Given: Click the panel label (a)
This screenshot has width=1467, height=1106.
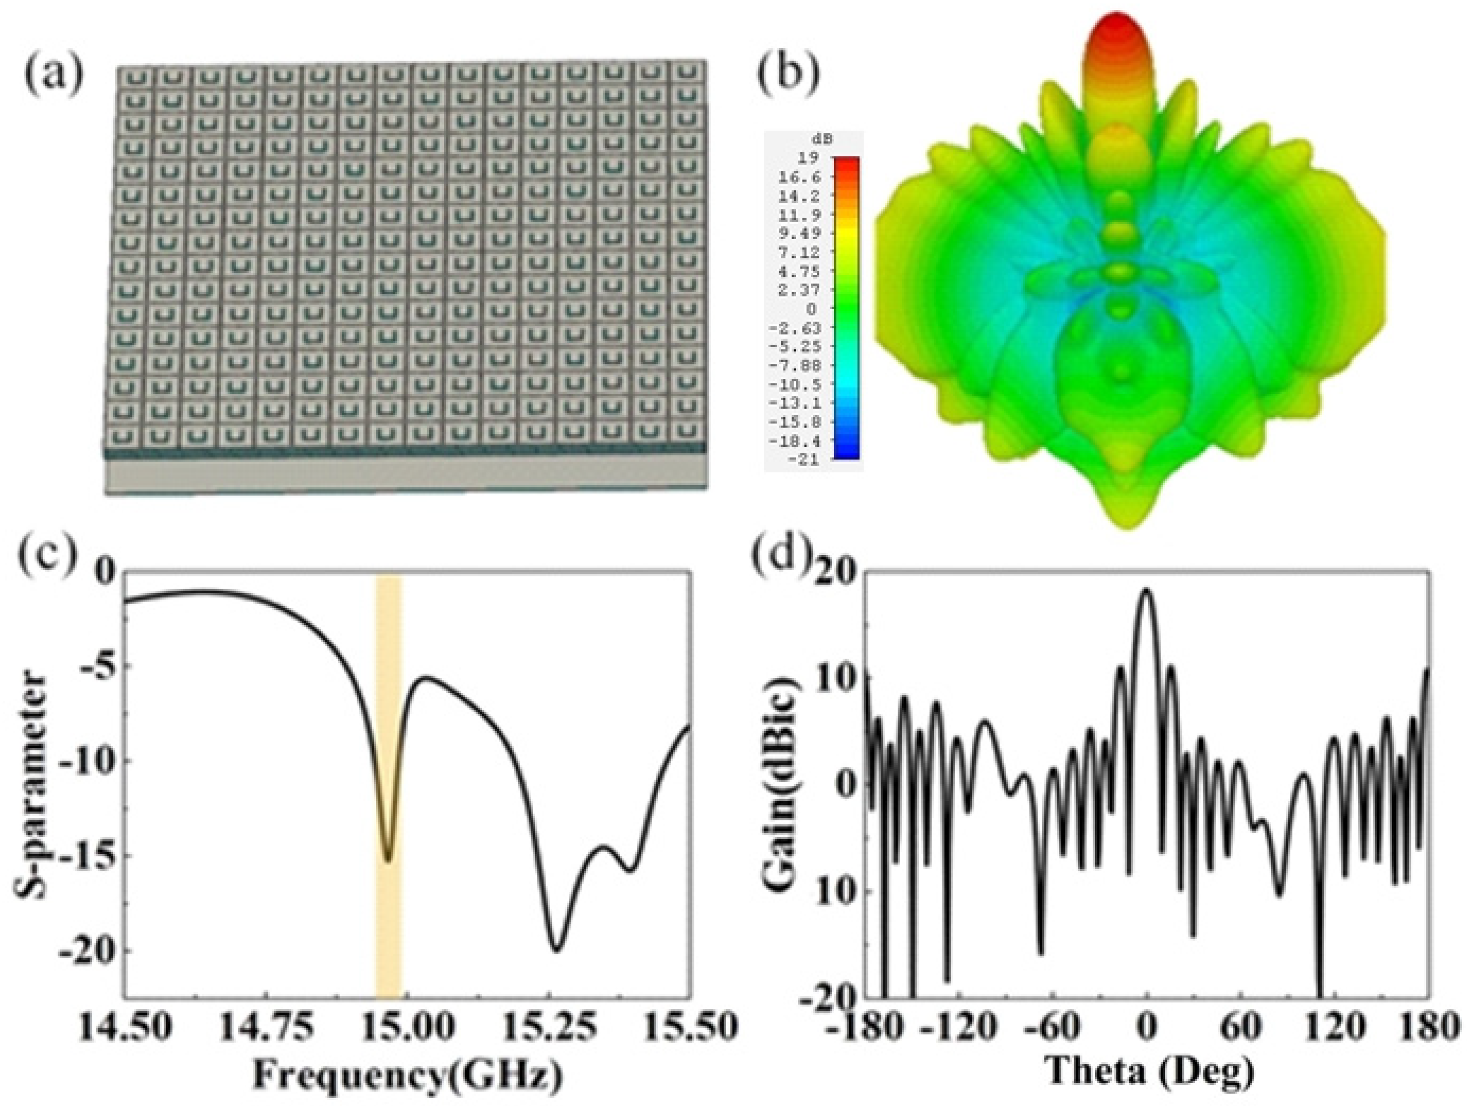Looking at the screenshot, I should [x=55, y=74].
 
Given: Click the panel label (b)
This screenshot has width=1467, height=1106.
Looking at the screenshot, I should [x=789, y=74].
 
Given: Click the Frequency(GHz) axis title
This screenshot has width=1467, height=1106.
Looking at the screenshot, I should [x=407, y=1074].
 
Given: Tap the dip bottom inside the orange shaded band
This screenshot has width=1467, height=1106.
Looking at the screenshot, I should [x=388, y=860].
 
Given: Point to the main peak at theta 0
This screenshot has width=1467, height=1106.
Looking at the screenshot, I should [x=1147, y=590].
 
